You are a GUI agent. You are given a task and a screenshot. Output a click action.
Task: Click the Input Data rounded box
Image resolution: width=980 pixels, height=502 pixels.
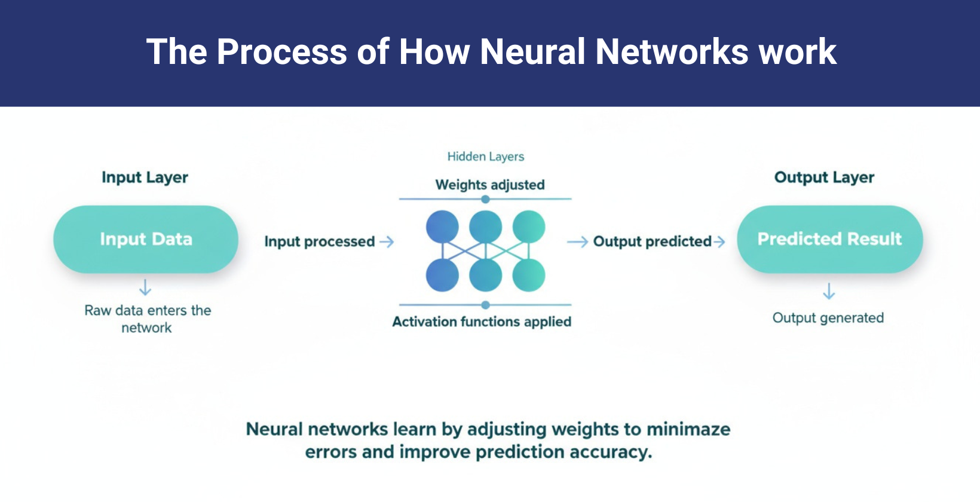coord(146,239)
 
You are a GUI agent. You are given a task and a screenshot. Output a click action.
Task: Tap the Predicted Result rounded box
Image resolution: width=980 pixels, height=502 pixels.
coord(829,239)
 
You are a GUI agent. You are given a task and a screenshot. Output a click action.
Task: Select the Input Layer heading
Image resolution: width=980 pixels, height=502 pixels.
coord(145,177)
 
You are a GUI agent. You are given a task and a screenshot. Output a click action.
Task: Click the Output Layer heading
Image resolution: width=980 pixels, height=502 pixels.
coord(824,177)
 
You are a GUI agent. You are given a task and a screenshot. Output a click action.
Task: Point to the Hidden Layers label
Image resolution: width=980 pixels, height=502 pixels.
coord(485,157)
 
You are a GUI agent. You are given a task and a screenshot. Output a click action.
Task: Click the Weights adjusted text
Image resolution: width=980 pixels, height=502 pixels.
coord(489,185)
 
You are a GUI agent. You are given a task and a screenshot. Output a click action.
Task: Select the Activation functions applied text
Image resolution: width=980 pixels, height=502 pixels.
coord(482,322)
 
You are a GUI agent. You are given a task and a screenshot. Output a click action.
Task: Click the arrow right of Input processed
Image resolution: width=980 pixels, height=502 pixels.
coord(387,241)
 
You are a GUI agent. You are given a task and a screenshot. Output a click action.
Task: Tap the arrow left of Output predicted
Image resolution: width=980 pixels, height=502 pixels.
coord(577,241)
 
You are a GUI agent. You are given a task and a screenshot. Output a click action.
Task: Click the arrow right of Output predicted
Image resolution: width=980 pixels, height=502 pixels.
coord(719,241)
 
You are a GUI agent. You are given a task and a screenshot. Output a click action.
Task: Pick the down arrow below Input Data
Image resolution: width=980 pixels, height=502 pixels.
coord(145,287)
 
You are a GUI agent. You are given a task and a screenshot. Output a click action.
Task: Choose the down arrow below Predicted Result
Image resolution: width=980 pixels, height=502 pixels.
coord(829,291)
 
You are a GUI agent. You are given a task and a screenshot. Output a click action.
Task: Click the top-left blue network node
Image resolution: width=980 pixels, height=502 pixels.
coord(442,226)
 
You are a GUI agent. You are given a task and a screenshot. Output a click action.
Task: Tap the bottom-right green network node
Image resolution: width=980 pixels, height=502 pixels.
coord(529,276)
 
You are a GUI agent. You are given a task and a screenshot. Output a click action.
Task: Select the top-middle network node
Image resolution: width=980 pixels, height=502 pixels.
coord(485,226)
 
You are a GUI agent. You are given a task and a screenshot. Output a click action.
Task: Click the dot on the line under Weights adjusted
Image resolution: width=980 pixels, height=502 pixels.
coord(485,199)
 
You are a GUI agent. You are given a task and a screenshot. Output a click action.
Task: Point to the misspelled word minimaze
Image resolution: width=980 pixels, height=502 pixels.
coord(688,429)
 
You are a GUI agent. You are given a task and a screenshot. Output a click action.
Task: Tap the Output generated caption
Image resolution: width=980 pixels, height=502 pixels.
coord(828,318)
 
